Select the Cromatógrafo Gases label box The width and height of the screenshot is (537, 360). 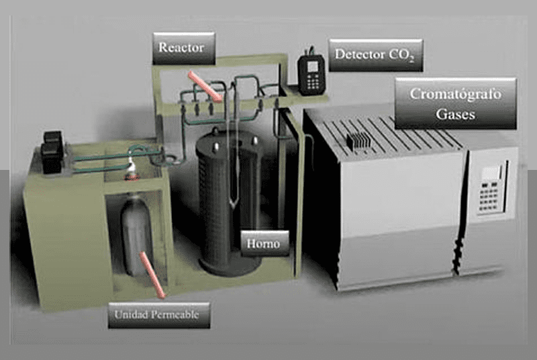pos(455,104)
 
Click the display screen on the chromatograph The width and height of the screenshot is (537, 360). pos(490,172)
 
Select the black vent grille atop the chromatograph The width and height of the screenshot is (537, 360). pos(357,140)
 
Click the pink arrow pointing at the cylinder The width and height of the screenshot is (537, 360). pos(152,274)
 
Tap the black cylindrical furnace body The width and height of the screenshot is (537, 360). pos(228,208)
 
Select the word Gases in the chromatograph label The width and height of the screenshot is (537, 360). pos(456,114)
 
